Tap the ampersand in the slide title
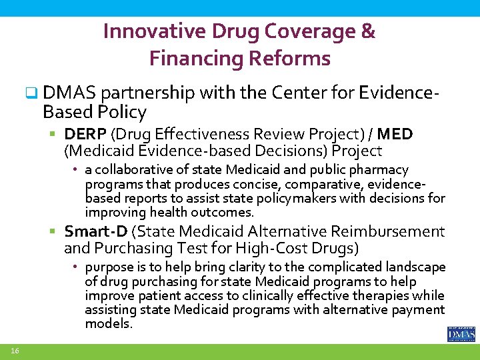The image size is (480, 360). pyautogui.click(x=368, y=31)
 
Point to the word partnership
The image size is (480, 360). pyautogui.click(x=145, y=93)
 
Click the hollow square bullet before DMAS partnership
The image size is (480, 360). pyautogui.click(x=30, y=94)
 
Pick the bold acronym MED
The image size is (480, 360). pyautogui.click(x=398, y=135)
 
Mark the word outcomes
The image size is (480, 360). pyautogui.click(x=221, y=213)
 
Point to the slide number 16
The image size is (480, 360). pyautogui.click(x=14, y=351)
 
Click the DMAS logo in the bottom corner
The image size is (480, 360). pyautogui.click(x=461, y=333)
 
